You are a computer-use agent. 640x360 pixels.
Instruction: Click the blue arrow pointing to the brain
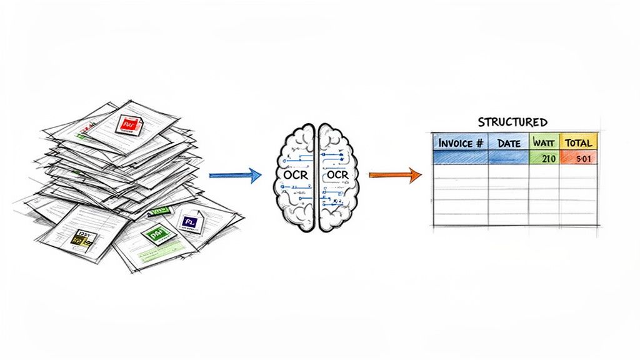click(234, 176)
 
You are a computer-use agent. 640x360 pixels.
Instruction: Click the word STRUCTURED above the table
click(512, 121)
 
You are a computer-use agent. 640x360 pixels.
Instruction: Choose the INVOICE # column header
click(461, 142)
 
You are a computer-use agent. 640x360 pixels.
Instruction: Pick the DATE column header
click(509, 142)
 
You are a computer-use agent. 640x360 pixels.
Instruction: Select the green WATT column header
click(544, 142)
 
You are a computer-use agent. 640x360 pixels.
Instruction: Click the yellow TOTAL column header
click(578, 142)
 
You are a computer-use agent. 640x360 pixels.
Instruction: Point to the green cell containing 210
click(544, 158)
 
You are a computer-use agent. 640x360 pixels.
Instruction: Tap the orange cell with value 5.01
click(578, 158)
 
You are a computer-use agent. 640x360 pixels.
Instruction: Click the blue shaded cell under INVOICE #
click(461, 158)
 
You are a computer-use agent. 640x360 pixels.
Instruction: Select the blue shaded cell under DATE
click(509, 158)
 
